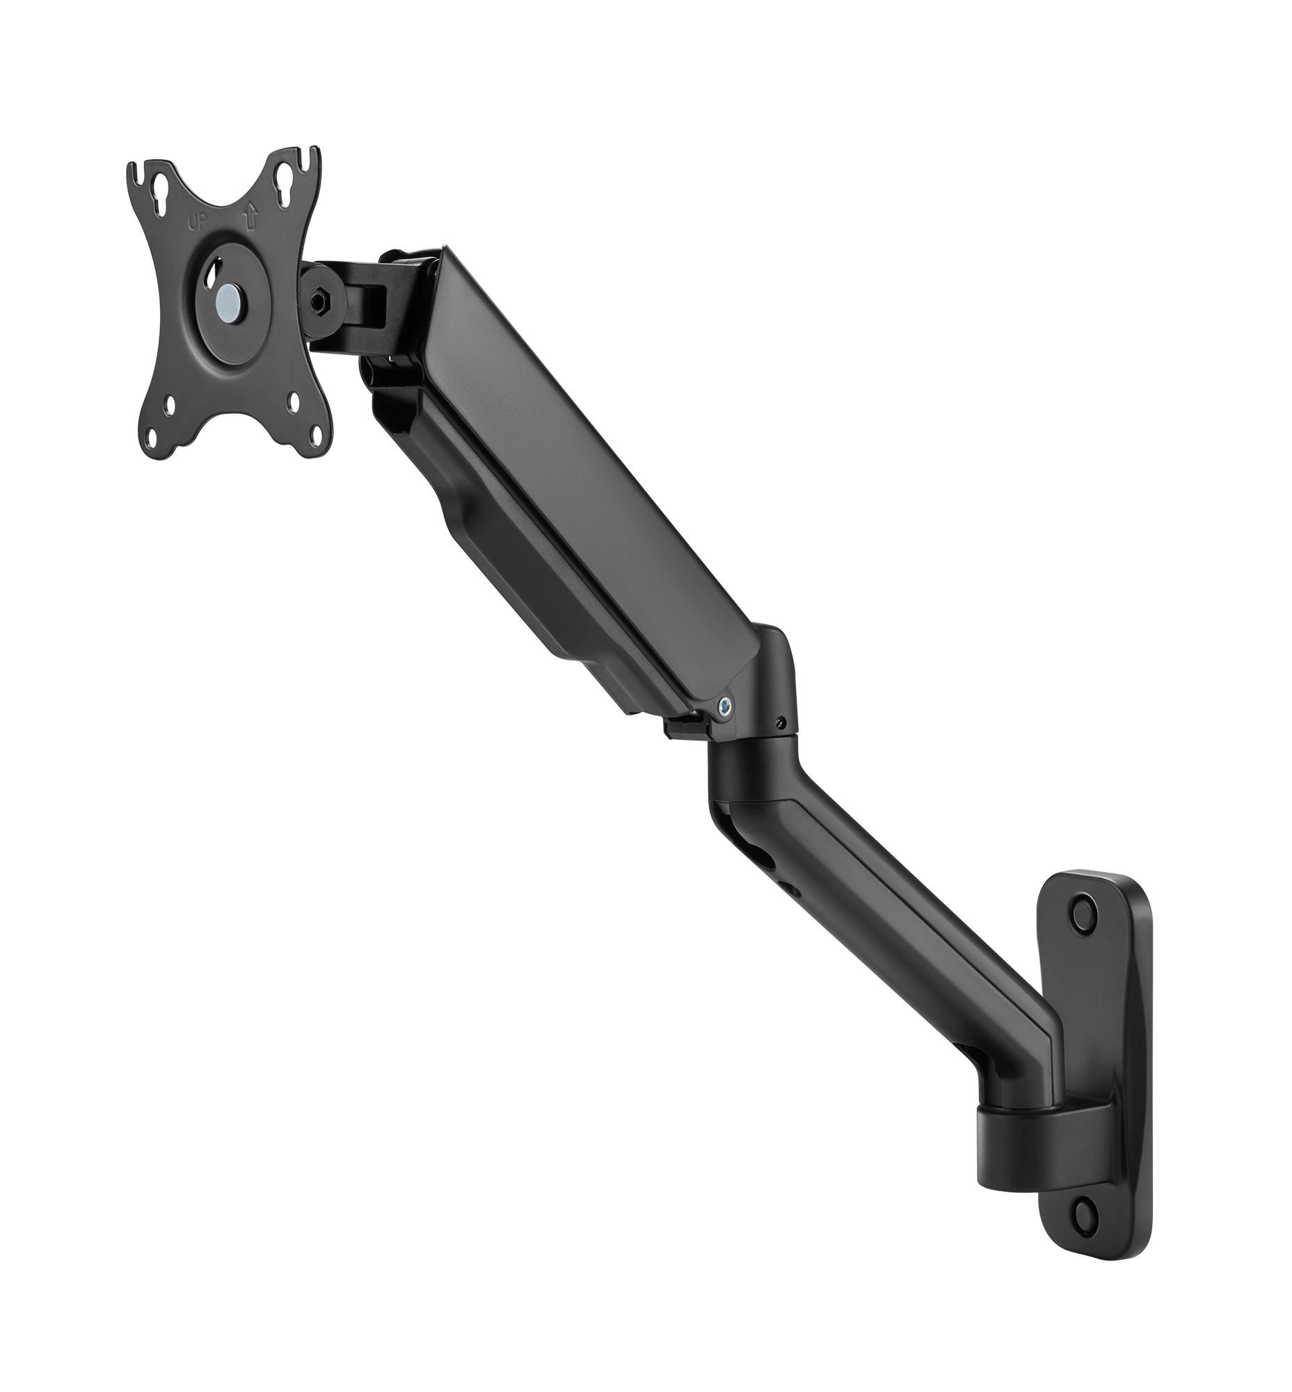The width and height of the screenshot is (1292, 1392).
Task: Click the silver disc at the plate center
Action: (228, 290)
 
